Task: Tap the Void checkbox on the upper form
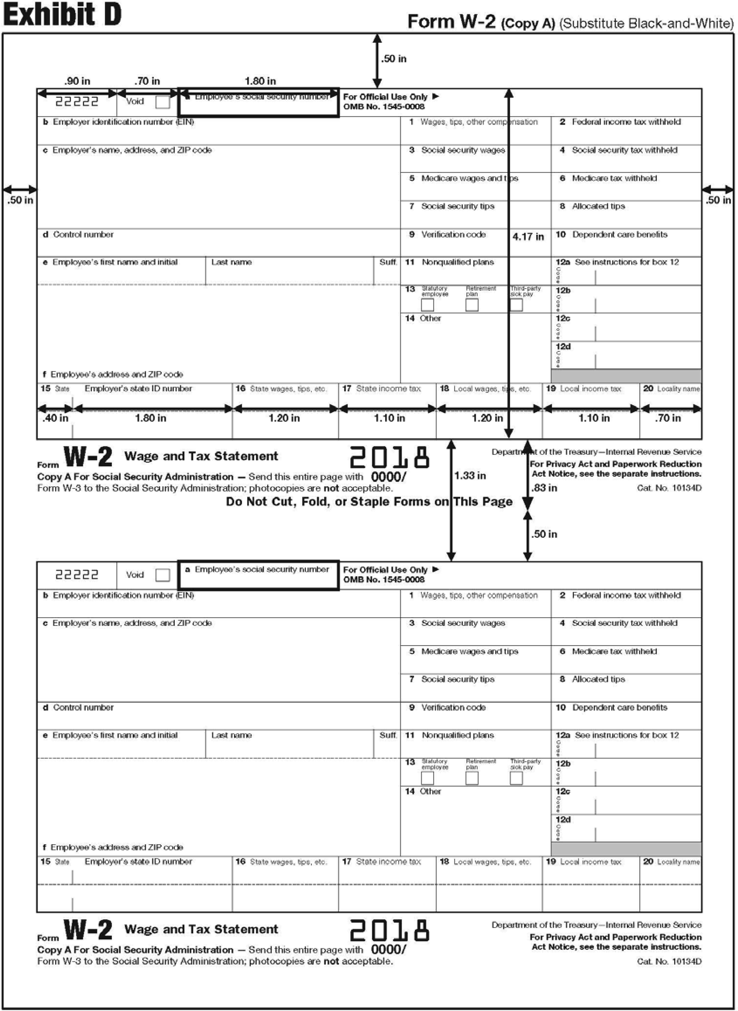pos(163,102)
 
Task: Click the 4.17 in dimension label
pos(528,237)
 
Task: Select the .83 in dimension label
pos(544,488)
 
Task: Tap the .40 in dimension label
pos(55,418)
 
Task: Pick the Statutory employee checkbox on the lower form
pos(428,778)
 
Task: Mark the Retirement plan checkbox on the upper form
pos(472,305)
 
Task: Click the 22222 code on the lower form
pos(77,575)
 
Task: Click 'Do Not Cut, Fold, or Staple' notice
pos(369,502)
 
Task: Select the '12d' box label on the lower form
pos(563,820)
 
